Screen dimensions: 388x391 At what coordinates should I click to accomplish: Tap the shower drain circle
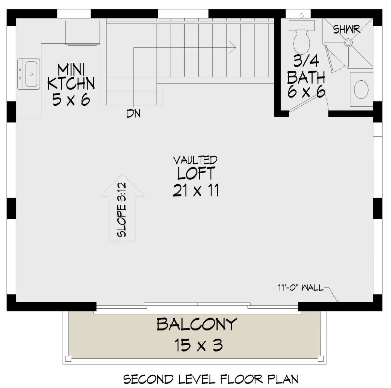(x=339, y=42)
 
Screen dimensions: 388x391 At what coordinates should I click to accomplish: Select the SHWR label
(x=346, y=29)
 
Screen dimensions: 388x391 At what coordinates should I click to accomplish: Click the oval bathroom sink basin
(x=361, y=89)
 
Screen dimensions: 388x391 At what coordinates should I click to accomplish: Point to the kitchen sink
(x=29, y=74)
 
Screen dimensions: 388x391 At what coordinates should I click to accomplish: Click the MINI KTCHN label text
(x=71, y=77)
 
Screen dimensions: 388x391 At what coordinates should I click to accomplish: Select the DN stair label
(x=133, y=114)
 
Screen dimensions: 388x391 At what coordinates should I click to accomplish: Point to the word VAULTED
(x=195, y=160)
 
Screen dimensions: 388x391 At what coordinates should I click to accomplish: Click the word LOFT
(x=196, y=173)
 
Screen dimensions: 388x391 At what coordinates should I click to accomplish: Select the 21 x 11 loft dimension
(x=195, y=190)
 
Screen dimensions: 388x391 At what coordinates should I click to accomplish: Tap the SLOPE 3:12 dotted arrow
(x=123, y=215)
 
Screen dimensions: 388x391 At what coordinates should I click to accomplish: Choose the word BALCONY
(x=196, y=325)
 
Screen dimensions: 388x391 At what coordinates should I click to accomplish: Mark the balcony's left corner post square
(x=68, y=359)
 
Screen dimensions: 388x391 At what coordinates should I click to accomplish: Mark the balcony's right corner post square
(x=321, y=359)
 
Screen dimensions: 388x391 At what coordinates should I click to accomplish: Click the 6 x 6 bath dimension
(x=306, y=92)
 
